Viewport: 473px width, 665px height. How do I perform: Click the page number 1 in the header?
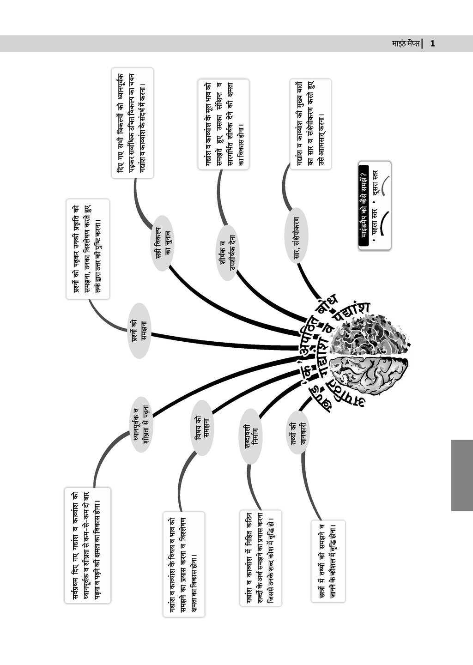tap(432, 44)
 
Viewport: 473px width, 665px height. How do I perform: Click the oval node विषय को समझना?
tap(201, 428)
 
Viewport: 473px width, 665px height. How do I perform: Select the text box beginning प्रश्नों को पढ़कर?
tap(88, 249)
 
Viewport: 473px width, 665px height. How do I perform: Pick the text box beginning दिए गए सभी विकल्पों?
tap(132, 123)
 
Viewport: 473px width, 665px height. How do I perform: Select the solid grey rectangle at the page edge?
tap(461, 475)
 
